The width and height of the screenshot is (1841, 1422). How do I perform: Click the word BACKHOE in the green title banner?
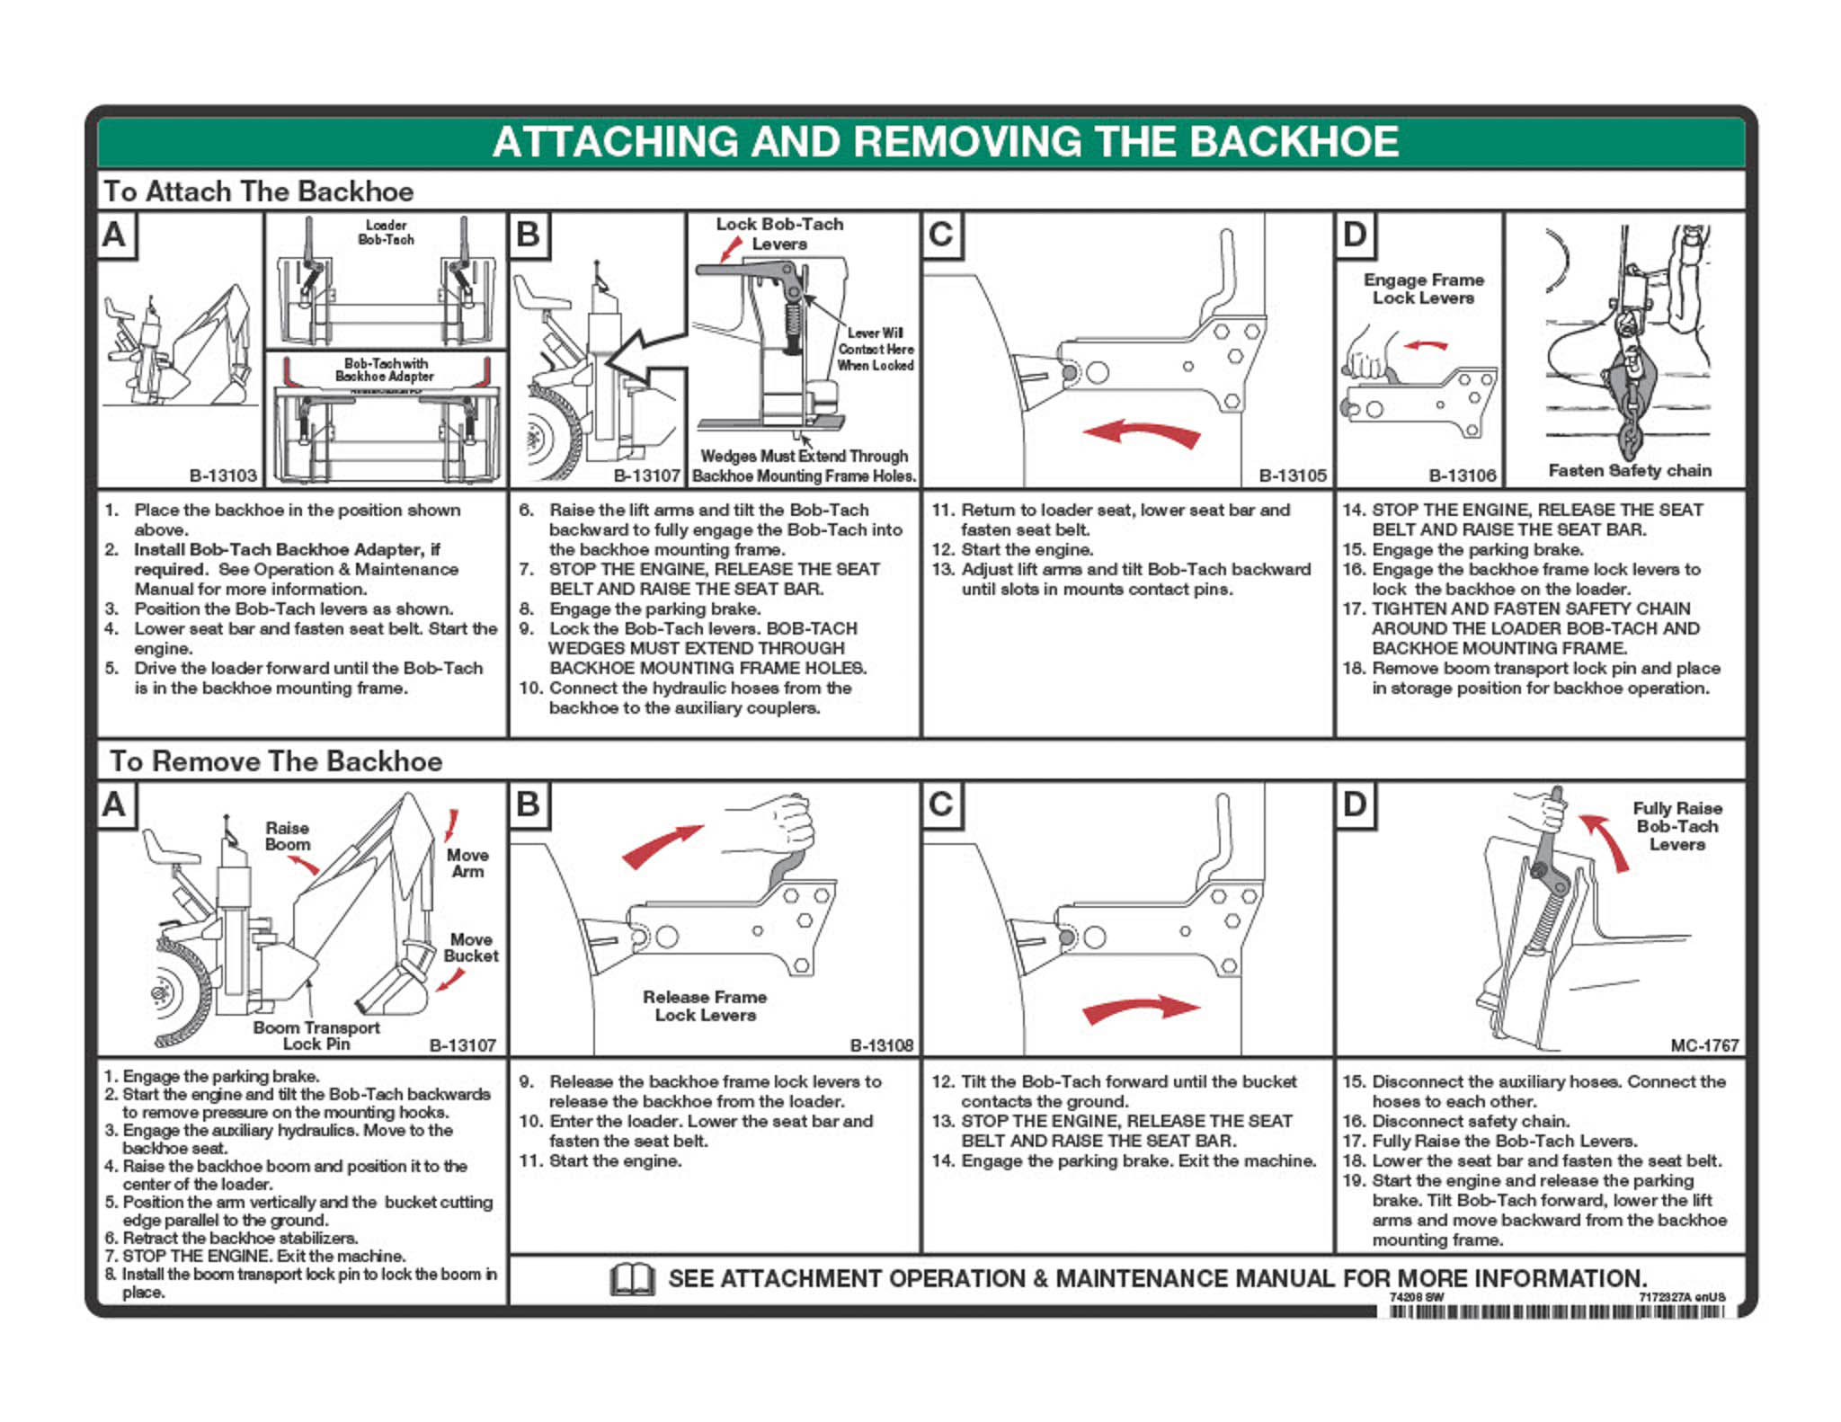[1294, 142]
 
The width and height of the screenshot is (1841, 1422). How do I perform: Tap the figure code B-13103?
[223, 475]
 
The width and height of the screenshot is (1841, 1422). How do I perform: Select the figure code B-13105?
[1292, 475]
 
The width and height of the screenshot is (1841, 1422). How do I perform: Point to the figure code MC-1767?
[1704, 1045]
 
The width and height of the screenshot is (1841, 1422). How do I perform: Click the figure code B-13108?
[881, 1045]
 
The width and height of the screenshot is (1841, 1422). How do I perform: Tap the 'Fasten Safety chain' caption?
[1629, 470]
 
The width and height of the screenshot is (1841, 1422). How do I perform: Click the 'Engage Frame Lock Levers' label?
[1423, 289]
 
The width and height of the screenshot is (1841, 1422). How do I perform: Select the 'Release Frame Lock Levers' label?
[705, 1006]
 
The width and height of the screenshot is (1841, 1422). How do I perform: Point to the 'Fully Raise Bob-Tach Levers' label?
[1676, 826]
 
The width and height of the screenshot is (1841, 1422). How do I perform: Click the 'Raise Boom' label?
[287, 836]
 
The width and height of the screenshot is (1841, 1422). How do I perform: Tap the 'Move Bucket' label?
[470, 947]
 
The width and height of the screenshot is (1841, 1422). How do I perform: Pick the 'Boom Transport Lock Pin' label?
[316, 1035]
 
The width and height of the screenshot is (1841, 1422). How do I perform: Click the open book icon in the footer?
[632, 1279]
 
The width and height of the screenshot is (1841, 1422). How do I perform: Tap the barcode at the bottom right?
[1556, 1311]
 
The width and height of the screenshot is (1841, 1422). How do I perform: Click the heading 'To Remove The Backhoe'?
[275, 761]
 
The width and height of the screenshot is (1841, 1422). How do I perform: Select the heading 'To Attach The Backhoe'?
[258, 191]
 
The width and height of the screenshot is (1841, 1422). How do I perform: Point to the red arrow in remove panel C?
[1142, 1009]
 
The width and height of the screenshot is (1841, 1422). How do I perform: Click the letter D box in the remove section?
[1354, 804]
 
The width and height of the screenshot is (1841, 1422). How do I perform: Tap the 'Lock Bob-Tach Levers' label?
[778, 234]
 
